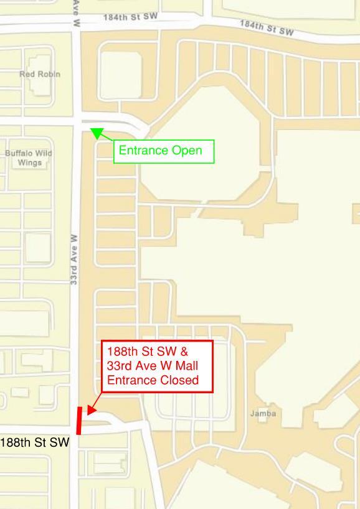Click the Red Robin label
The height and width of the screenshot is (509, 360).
(40, 74)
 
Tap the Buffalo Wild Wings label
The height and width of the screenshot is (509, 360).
(29, 157)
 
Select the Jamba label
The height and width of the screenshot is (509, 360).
(263, 413)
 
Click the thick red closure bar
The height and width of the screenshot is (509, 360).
(79, 421)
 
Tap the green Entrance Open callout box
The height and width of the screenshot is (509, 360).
(164, 151)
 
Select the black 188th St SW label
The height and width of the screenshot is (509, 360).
(34, 443)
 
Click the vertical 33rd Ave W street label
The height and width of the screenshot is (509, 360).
(74, 259)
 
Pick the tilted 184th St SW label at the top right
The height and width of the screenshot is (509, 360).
(267, 27)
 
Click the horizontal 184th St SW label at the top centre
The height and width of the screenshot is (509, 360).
(131, 17)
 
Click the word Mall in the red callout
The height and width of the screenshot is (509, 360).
(185, 365)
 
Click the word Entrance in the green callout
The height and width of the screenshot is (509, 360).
(144, 151)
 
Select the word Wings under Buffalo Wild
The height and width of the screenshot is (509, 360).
(29, 162)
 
